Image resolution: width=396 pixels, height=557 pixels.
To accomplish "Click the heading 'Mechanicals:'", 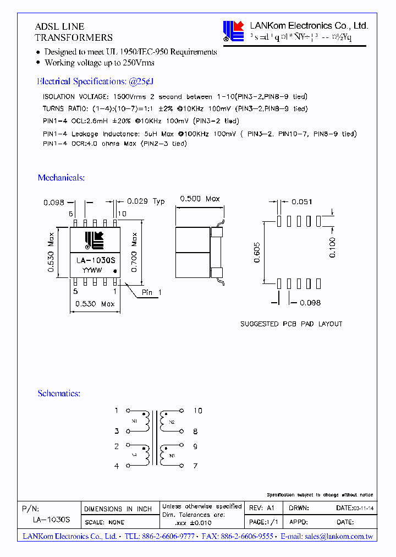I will [61, 178].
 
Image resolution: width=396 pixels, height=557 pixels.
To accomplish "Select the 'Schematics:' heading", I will [59, 394].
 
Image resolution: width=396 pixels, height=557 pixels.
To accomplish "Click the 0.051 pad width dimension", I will [301, 202].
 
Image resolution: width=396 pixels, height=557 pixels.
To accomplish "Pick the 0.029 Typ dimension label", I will [146, 201].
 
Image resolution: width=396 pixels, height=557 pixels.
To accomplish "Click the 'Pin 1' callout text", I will [151, 293].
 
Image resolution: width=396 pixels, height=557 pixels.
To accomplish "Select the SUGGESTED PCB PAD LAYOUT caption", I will [291, 324].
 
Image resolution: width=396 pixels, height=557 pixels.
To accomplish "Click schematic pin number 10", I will [198, 411].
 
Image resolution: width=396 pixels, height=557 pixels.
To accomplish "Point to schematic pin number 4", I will [117, 466].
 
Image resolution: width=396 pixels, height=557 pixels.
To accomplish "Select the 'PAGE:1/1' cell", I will [263, 521].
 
